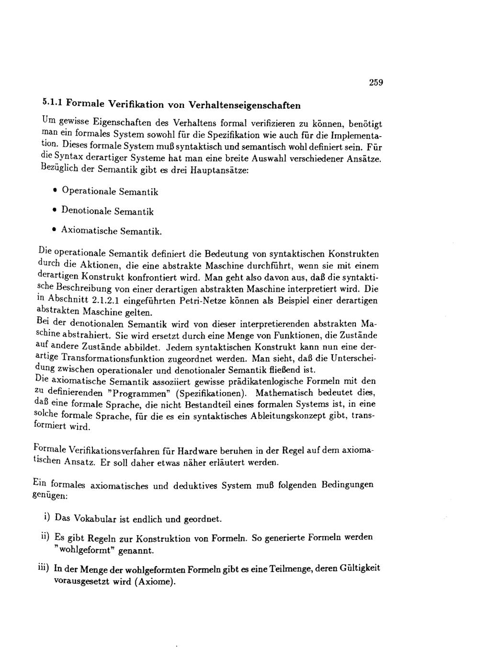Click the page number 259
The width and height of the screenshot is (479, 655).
coord(376,82)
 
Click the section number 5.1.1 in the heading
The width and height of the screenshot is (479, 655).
coord(52,102)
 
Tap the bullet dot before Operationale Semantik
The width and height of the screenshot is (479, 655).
coord(56,191)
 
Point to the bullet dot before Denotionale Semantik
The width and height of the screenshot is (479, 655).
coord(55,210)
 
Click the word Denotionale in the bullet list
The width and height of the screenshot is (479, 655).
coord(87,211)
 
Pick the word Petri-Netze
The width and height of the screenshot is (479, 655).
coord(200,302)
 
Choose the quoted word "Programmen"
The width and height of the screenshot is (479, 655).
coord(136,394)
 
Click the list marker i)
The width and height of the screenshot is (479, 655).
coord(46,517)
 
